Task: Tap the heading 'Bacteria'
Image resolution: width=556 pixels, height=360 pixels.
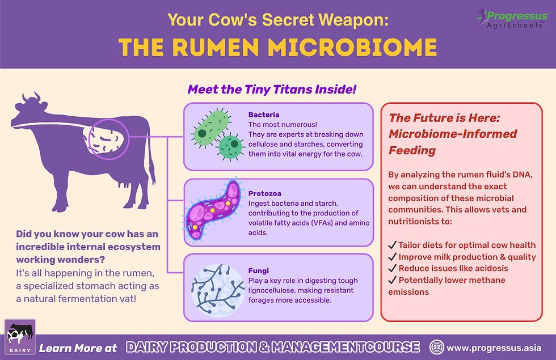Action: [264, 115]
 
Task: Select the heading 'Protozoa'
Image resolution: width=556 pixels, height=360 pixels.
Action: [265, 193]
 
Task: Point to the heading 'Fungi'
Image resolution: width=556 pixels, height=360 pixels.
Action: [258, 271]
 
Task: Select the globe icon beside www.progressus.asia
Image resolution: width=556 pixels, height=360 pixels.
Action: [437, 346]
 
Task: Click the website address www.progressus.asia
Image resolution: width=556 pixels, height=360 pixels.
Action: [494, 347]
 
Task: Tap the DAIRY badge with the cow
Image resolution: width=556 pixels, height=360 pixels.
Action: [20, 339]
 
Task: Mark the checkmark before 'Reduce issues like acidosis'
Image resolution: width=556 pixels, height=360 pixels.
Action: [392, 268]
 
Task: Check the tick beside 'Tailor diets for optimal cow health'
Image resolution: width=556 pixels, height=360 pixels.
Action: [392, 245]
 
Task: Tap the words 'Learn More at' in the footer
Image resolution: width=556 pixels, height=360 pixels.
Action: [78, 348]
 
